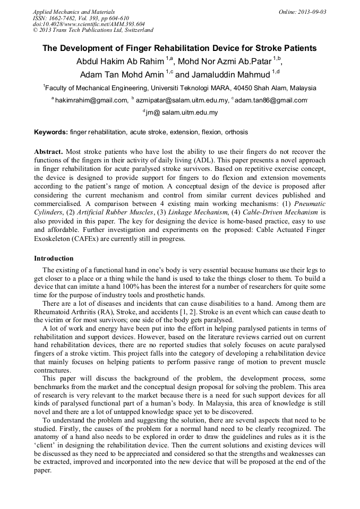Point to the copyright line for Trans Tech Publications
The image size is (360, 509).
pos(93,30)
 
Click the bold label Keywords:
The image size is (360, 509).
pos(50,132)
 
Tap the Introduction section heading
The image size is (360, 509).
pos(54,258)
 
